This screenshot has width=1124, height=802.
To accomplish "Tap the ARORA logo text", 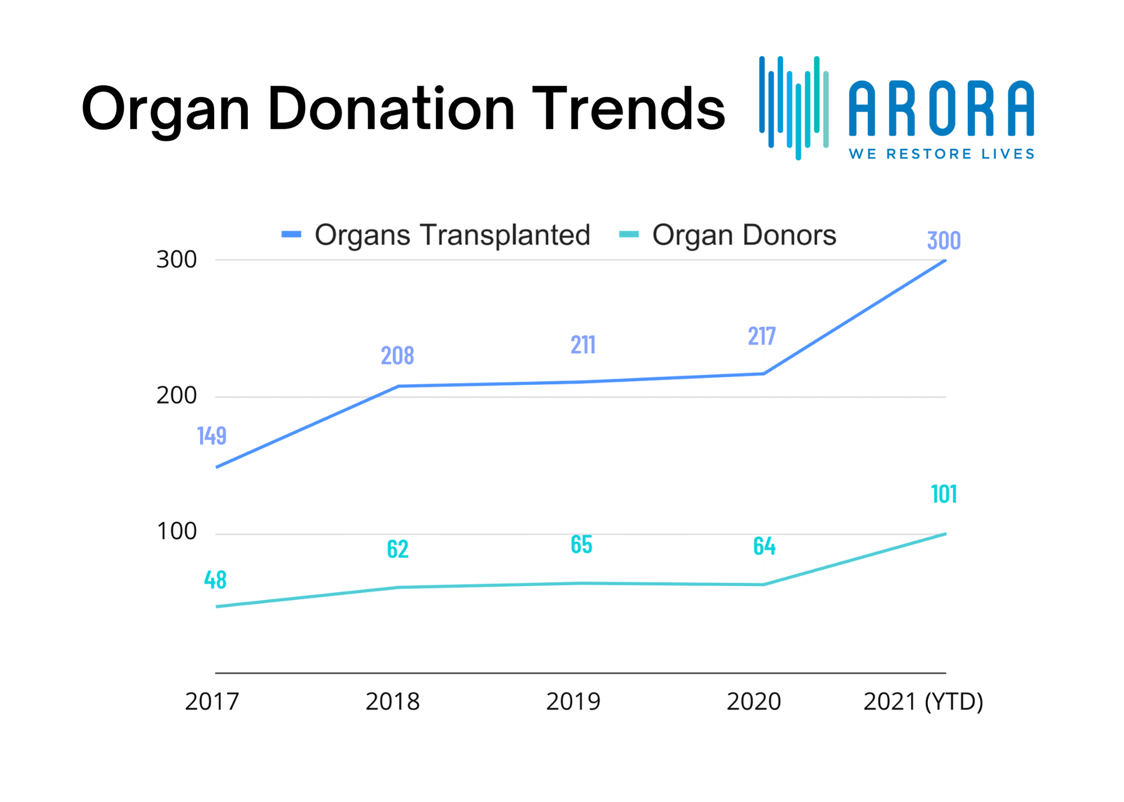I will click(941, 108).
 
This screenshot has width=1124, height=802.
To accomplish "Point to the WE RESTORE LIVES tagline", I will click(941, 154).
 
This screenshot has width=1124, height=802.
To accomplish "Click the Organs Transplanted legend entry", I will click(436, 235).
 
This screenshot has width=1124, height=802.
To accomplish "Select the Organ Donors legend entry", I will click(728, 235).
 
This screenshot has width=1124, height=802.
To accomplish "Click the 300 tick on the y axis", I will click(176, 260).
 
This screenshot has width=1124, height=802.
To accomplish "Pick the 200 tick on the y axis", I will click(176, 397).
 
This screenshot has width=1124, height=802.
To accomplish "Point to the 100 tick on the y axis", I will click(176, 532).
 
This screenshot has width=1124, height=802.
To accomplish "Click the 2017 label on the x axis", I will click(212, 702).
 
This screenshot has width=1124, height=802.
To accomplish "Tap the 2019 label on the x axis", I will click(573, 702).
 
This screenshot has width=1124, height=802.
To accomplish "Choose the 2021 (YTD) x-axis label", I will click(923, 702).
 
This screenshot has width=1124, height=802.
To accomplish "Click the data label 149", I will click(212, 436).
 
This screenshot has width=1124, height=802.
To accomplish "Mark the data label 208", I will click(397, 356).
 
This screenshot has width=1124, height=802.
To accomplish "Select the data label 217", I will click(762, 336).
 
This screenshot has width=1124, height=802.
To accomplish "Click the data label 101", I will click(944, 494).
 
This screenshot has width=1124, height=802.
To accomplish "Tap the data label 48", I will click(215, 580).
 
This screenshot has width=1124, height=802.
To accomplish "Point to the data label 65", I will click(582, 544).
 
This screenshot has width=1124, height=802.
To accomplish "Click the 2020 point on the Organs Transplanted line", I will click(763, 373).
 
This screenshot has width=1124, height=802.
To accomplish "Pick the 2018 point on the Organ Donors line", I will click(398, 587).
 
